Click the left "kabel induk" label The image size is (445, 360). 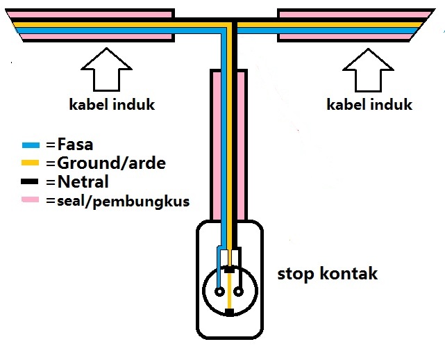(x=111, y=106)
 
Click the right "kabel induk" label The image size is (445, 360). (x=369, y=105)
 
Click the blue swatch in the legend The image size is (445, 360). (x=33, y=146)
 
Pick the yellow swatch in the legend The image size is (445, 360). (x=33, y=165)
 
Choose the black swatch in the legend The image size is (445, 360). (x=33, y=183)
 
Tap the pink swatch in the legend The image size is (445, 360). (x=33, y=202)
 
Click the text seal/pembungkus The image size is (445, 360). (x=118, y=202)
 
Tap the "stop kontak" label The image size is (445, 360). (x=327, y=273)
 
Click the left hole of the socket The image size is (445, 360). (x=219, y=291)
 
